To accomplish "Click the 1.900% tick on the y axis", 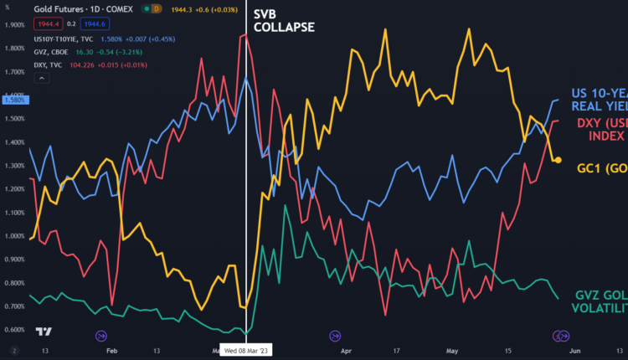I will pyautogui.click(x=14, y=25).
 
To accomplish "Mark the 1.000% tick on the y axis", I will pyautogui.click(x=14, y=235).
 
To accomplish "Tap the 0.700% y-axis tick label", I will pyautogui.click(x=14, y=306).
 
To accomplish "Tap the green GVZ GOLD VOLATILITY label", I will pyautogui.click(x=601, y=301).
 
